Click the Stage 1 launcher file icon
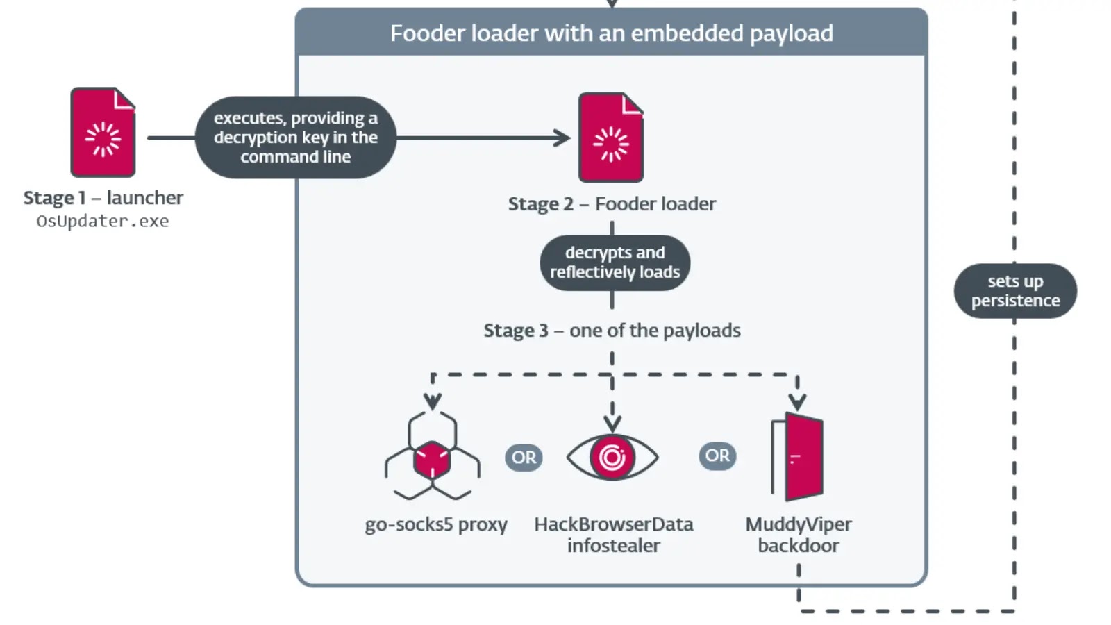click(103, 132)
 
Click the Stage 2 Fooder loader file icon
click(611, 137)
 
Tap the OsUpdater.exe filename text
click(103, 222)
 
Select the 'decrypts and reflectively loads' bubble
click(615, 262)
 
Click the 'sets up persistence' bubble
click(1015, 291)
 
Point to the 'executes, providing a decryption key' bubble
click(296, 137)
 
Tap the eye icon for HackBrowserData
click(612, 457)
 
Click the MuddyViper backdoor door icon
click(799, 456)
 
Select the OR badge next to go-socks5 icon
click(524, 458)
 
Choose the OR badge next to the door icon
click(717, 456)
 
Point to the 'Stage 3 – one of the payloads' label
click(612, 331)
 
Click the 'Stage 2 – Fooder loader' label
click(612, 204)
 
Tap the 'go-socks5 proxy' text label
click(436, 524)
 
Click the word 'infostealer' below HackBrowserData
click(614, 546)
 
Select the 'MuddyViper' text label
click(799, 524)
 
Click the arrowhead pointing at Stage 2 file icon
click(562, 137)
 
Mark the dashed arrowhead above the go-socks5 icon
click(433, 402)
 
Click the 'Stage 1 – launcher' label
click(103, 198)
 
